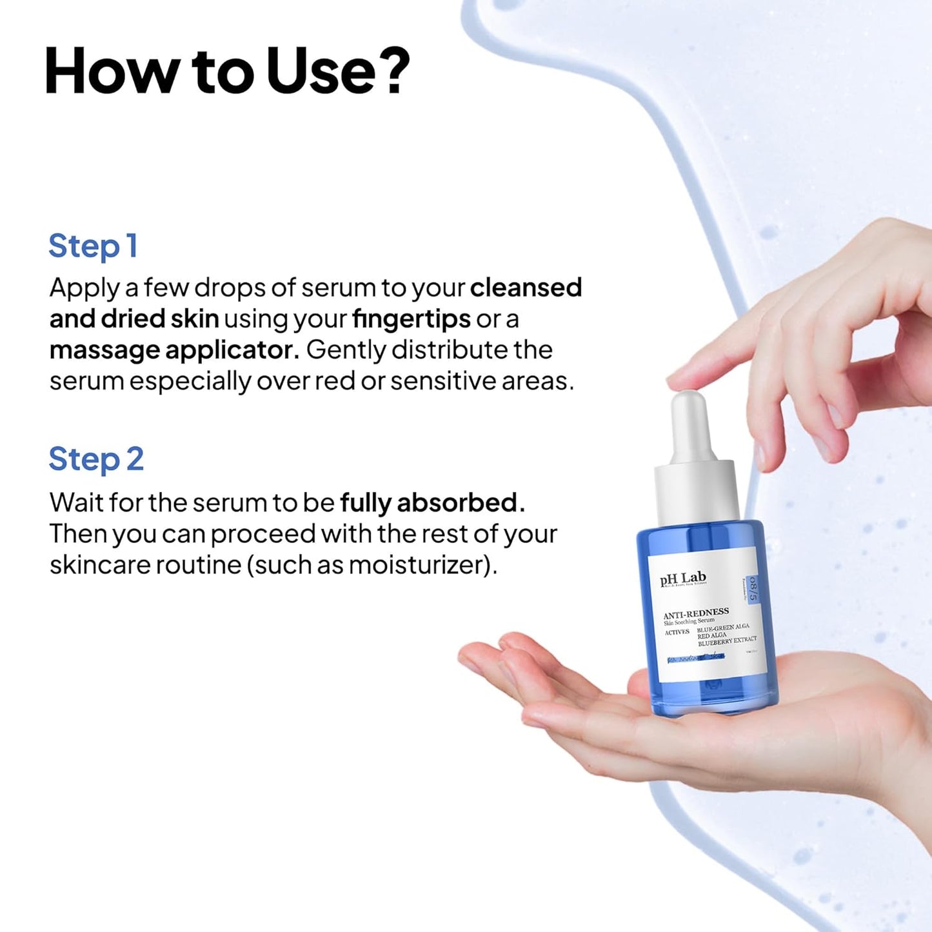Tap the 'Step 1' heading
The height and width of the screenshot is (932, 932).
coord(93,246)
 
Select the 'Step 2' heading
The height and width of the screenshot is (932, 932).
coord(96,460)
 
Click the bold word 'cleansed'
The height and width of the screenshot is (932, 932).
coord(526,288)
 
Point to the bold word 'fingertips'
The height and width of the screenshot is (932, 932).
coord(411,319)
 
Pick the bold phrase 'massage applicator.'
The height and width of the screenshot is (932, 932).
coord(174,350)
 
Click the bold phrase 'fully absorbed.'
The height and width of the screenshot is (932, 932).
coord(432,503)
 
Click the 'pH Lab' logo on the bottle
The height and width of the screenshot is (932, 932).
coord(683,578)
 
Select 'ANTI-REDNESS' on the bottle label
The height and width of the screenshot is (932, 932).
coord(696,613)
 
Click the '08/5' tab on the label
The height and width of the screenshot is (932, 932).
coord(752,588)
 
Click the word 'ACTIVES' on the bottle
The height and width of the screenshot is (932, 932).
coord(677,633)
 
